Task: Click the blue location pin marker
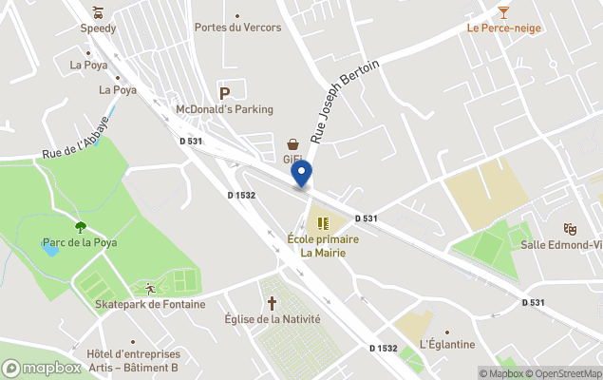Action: [x=301, y=174]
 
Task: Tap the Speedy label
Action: [x=98, y=28]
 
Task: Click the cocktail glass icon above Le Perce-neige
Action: [x=503, y=11]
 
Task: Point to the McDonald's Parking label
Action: [x=224, y=109]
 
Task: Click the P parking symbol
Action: [x=225, y=93]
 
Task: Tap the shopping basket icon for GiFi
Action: [x=293, y=143]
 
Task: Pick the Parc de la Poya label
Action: [x=80, y=242]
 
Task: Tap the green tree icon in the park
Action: [x=80, y=226]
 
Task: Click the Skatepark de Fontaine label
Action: [x=150, y=304]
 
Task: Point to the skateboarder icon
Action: [x=149, y=288]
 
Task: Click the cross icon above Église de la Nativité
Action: [x=272, y=303]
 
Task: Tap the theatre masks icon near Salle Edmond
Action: [x=570, y=228]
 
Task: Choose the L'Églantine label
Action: [x=447, y=344]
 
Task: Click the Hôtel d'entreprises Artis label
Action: [x=132, y=361]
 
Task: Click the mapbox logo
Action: [x=42, y=368]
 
